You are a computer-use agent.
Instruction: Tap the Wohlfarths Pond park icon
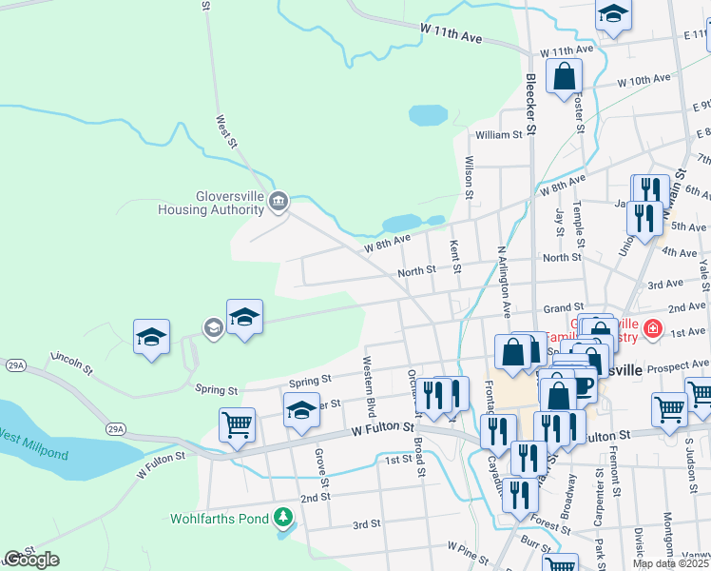click(282, 517)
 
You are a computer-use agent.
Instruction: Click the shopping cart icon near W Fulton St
click(237, 425)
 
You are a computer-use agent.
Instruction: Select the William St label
click(500, 135)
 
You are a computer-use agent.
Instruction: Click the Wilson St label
click(469, 177)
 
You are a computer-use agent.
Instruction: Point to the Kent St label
click(454, 256)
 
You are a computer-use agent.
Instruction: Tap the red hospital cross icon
click(652, 330)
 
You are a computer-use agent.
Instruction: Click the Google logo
click(30, 560)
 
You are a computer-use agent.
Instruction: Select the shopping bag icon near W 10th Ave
click(565, 77)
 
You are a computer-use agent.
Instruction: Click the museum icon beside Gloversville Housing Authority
click(279, 200)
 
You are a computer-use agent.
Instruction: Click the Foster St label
click(577, 112)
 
